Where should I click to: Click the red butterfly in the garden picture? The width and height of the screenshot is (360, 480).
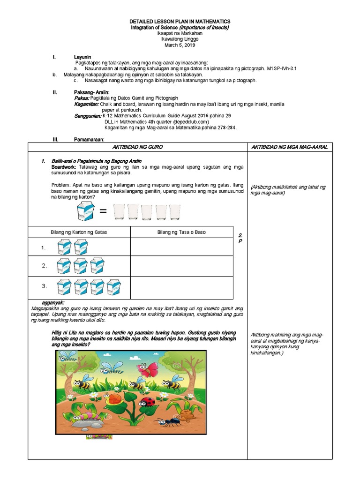coord(146,370)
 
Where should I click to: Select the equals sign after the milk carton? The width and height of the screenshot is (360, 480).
coord(103,214)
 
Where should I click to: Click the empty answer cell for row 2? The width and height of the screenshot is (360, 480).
coord(181,266)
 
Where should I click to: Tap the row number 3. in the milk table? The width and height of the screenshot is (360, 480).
coord(44,286)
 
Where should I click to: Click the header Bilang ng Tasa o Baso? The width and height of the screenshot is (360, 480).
coord(181,232)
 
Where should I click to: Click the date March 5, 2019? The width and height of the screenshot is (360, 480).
coord(180,45)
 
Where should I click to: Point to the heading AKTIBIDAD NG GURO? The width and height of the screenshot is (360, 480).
coord(137,147)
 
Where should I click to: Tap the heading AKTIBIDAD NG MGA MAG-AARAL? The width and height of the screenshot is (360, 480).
coord(289,147)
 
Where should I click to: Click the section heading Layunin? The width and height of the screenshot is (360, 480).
coord(82,57)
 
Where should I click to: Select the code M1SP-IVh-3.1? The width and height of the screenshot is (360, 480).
coord(282,68)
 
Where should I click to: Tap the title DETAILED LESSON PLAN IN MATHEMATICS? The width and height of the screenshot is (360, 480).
coord(180,22)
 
